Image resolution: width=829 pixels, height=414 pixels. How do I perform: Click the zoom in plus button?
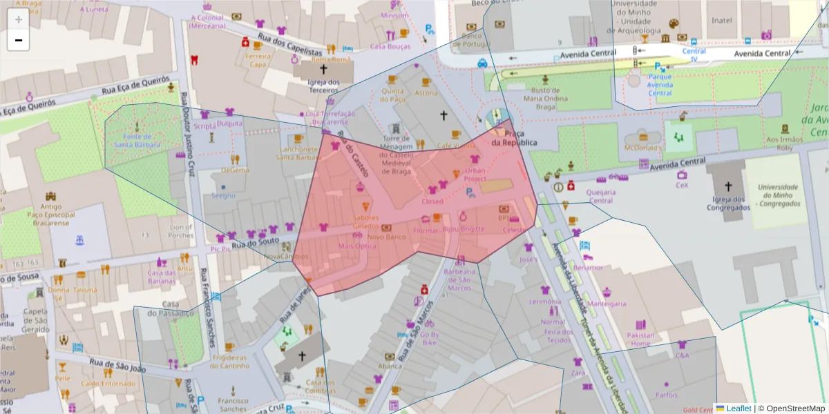(18, 19)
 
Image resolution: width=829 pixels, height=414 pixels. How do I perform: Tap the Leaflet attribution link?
(739, 408)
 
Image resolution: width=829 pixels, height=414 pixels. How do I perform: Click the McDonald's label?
(643, 148)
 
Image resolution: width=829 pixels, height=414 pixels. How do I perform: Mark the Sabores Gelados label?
(366, 221)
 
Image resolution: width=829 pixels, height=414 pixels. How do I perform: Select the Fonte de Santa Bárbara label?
(137, 140)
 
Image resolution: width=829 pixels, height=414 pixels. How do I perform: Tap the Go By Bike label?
(429, 338)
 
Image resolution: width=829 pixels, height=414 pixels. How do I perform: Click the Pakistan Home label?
(640, 339)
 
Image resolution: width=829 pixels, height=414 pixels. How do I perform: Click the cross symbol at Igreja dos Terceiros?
(323, 69)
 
